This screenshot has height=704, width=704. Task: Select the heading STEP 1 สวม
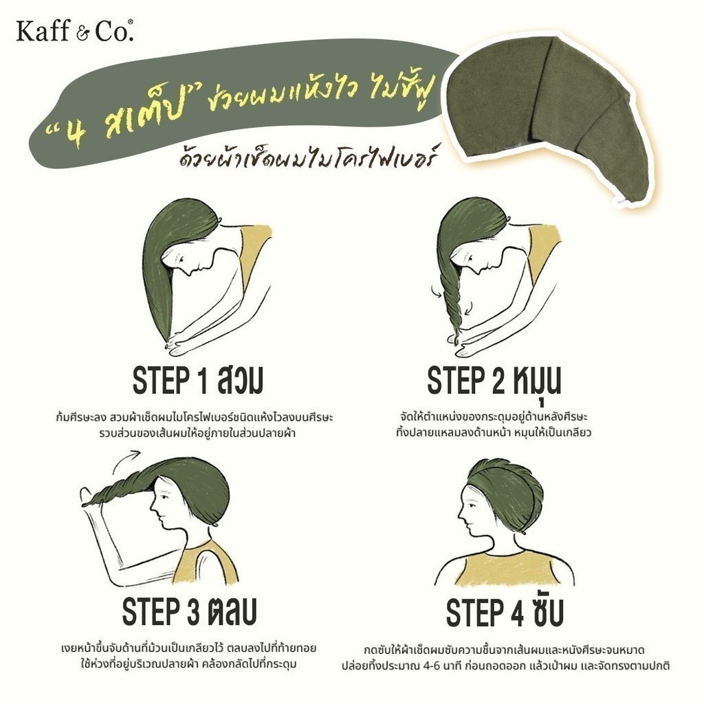197,381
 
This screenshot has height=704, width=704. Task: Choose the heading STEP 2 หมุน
494,381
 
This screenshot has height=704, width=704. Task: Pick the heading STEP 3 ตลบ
190,611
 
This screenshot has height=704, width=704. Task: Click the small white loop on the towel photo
622,201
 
